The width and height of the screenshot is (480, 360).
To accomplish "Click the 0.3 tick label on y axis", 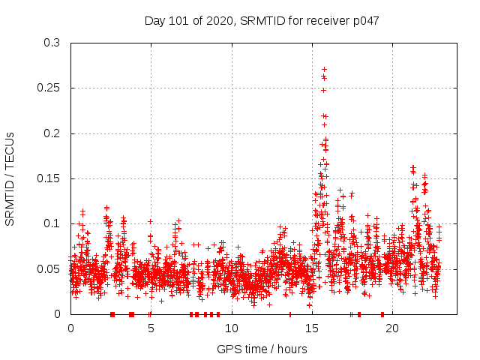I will point(52,43).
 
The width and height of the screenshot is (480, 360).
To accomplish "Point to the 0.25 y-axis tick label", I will point(49,88).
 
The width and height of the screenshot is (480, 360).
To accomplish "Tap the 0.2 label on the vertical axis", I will point(52,133).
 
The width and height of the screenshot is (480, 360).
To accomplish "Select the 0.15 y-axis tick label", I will point(49,178).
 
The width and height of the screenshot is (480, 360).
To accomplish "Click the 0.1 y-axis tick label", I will point(52,223).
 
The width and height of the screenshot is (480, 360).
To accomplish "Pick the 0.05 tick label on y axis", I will point(49,268).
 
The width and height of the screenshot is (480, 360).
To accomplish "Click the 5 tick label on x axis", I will point(151,328).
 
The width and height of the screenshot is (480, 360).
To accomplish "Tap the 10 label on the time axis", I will point(231,328).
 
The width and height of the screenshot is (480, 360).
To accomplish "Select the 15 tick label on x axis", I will point(311,328).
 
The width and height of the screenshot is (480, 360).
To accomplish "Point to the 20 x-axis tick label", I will point(391,328).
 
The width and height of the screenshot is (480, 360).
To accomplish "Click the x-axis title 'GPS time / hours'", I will point(262,349).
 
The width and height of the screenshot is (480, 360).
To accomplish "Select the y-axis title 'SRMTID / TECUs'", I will point(10,178).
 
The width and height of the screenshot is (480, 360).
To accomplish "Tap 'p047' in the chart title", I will point(365,20).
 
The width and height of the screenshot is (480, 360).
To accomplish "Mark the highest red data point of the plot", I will point(324,69).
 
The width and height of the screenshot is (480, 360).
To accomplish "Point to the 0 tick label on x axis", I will point(70,328).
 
